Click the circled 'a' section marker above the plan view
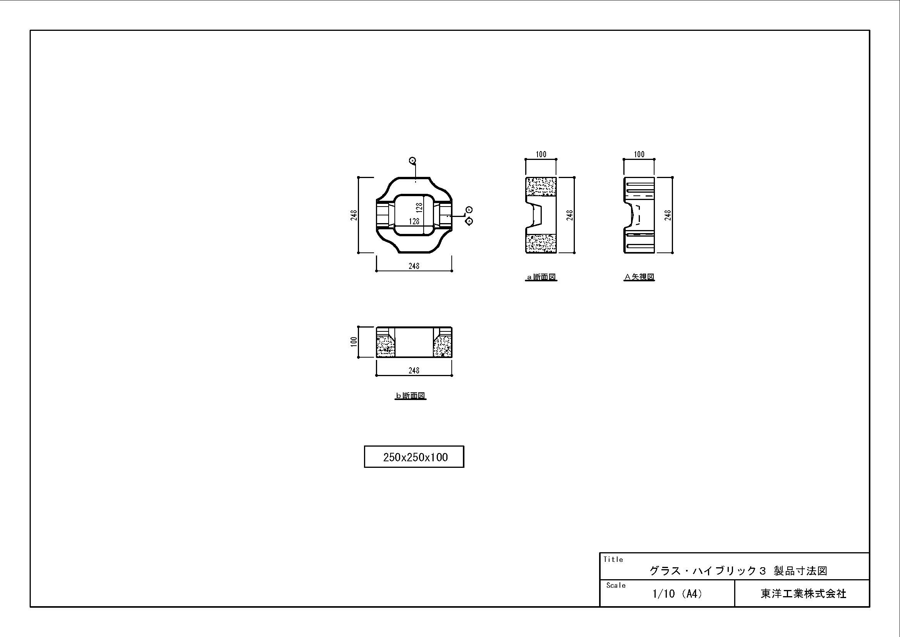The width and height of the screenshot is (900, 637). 412,160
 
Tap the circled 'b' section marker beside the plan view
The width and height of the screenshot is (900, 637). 469,210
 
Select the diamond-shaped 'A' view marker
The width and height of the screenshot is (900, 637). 469,221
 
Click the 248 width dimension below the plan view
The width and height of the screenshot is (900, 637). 414,266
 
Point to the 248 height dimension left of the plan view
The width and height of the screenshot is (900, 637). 354,215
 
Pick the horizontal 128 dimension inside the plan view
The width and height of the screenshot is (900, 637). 414,221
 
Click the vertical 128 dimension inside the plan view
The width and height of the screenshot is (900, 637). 419,208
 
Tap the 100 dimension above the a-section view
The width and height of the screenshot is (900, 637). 541,154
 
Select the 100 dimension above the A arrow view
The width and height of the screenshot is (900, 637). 640,154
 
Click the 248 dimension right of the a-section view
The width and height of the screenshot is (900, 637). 570,215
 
